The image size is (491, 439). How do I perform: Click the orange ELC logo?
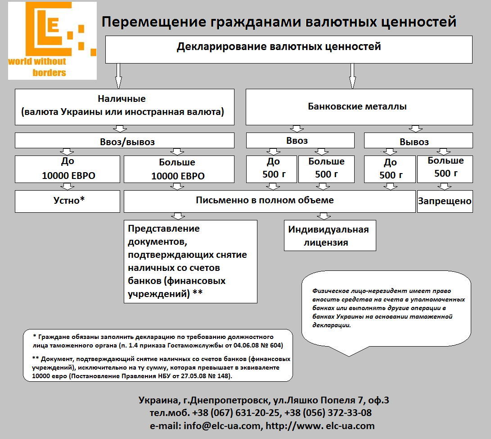click(x=52, y=41)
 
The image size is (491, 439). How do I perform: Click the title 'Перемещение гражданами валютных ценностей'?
click(x=279, y=22)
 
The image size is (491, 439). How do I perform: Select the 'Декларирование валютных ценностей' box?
click(x=288, y=49)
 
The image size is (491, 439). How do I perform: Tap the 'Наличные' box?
click(x=125, y=106)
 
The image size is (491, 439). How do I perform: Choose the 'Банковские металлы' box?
click(x=359, y=107)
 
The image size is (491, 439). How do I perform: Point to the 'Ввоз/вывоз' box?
click(x=125, y=141)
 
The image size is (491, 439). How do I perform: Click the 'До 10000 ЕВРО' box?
click(x=68, y=169)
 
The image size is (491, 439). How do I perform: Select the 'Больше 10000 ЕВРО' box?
click(x=179, y=169)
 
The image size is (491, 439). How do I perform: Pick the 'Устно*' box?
click(x=68, y=201)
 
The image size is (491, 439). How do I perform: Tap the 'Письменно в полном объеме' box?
click(x=269, y=201)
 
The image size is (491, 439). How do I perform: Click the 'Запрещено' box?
click(x=445, y=201)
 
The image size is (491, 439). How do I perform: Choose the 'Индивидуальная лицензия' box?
click(x=329, y=236)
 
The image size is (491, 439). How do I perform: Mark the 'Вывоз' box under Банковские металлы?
click(x=418, y=141)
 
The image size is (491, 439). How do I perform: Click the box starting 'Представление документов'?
click(x=190, y=261)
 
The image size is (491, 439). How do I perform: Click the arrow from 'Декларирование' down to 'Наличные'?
click(x=119, y=76)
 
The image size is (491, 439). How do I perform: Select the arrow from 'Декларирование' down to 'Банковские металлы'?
click(x=353, y=76)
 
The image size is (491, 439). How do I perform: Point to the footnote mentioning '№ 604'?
click(x=158, y=341)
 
